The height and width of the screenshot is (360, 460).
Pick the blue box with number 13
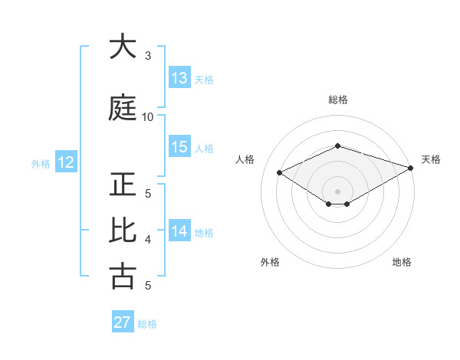pos(179,78)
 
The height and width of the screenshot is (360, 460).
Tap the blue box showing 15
pos(179,147)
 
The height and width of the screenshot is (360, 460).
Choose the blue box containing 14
pos(179,231)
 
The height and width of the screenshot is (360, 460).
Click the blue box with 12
pos(65,162)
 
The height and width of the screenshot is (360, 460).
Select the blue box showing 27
pos(123,322)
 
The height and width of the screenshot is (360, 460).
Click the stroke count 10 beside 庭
pos(148,117)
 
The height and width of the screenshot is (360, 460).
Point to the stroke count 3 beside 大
pos(148,56)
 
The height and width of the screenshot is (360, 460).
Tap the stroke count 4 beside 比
pos(148,240)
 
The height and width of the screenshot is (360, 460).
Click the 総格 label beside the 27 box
pos(147,324)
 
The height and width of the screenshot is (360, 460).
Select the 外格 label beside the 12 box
pos(41,163)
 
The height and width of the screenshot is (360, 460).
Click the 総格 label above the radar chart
pos(337,100)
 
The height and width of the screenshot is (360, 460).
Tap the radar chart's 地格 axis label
pos(402,262)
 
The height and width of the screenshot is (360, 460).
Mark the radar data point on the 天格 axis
pos(412,168)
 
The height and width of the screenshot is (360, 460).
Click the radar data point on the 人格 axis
pos(280,172)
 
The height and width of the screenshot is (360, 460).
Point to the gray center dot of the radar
pos(337,190)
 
